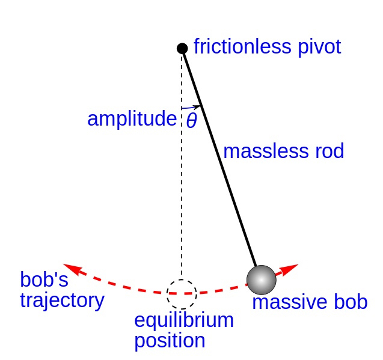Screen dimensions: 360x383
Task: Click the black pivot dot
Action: (182, 48)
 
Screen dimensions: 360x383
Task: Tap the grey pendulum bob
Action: (262, 279)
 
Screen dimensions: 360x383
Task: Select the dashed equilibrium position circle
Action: (182, 294)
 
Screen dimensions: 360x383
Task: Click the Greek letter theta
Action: (191, 121)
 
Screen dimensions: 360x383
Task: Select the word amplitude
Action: (132, 119)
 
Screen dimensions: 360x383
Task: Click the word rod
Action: (326, 151)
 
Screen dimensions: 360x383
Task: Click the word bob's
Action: (44, 279)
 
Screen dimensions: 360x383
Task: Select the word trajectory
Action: (62, 299)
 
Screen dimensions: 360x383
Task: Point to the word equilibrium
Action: (184, 320)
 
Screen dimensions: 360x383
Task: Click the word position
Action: (170, 341)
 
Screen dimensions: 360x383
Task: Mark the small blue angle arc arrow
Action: (191, 108)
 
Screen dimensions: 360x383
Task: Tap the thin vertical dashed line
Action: (182, 198)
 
